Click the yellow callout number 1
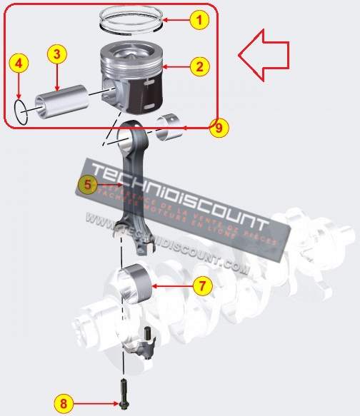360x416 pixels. tap(200, 20)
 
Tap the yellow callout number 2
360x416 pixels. tap(200, 67)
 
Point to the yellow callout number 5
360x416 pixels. tap(87, 185)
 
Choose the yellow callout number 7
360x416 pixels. tap(202, 286)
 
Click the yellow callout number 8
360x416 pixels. tap(64, 403)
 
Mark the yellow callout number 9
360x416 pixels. tap(219, 128)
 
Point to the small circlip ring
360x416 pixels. tap(22, 110)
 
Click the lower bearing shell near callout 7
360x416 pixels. tap(135, 281)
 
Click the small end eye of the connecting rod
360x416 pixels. tap(133, 133)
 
